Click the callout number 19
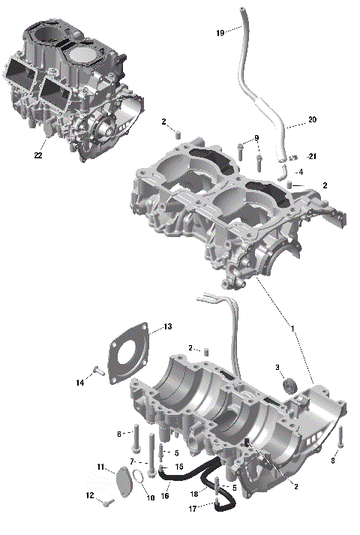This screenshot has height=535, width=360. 220,32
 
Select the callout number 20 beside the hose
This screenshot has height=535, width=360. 313,120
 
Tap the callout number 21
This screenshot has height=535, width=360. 313,156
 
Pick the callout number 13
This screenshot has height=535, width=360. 168,326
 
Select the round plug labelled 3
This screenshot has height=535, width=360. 289,386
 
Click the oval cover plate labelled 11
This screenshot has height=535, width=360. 124,479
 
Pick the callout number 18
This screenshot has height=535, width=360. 193,493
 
